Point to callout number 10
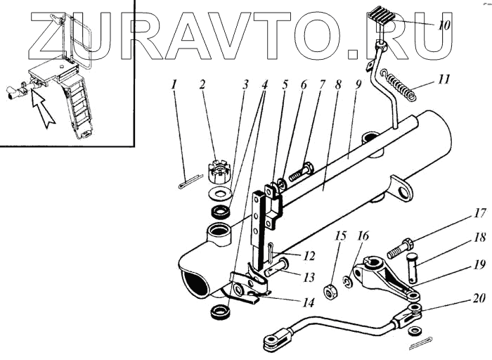(444, 27)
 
